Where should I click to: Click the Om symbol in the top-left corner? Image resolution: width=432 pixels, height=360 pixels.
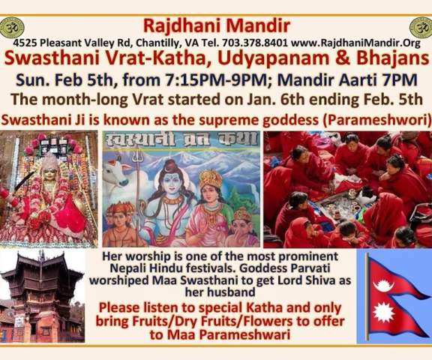tap(11, 28)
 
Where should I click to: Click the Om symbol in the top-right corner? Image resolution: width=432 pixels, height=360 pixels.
tap(421, 28)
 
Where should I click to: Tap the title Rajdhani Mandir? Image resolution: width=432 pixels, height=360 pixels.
tap(217, 25)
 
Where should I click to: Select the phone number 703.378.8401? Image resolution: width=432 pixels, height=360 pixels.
tap(255, 43)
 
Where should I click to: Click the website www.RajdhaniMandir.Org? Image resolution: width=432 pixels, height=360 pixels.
tap(355, 43)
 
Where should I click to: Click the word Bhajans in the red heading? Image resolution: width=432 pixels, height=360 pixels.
tap(393, 58)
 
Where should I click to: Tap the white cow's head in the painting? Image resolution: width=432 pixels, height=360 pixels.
tap(117, 172)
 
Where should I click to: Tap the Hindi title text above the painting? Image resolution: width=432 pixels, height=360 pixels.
tap(181, 139)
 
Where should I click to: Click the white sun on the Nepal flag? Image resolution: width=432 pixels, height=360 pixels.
tap(384, 312)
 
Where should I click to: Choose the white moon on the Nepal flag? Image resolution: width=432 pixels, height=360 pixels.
tap(383, 285)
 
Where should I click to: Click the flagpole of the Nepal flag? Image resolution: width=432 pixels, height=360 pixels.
tap(367, 297)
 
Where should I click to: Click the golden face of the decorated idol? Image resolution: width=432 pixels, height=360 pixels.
tap(49, 174)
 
